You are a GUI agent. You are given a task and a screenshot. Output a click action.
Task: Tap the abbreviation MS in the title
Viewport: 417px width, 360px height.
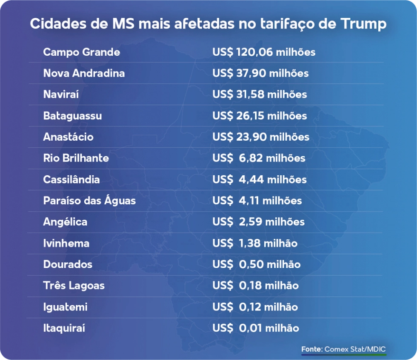(123, 24)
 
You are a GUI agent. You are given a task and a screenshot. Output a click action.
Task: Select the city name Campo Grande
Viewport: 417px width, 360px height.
(82, 52)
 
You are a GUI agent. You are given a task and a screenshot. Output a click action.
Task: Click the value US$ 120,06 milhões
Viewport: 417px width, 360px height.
(264, 52)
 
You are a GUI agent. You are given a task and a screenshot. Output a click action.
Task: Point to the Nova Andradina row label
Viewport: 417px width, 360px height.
(84, 74)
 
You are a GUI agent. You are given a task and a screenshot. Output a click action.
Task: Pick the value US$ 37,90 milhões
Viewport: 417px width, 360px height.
(260, 74)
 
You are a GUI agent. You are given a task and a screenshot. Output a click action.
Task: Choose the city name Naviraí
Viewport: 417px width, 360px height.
(61, 94)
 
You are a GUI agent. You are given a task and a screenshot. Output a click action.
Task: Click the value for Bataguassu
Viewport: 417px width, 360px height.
(260, 116)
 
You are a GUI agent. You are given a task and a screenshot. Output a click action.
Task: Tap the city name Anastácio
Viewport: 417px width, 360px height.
(69, 137)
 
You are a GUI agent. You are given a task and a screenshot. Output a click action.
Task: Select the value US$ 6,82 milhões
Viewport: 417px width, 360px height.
(259, 159)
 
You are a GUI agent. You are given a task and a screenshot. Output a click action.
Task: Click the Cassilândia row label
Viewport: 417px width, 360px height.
(71, 180)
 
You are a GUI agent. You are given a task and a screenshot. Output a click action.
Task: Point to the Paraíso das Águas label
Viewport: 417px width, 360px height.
(90, 200)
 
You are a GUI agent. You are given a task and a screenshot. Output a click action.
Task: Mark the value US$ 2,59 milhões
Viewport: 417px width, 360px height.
(259, 222)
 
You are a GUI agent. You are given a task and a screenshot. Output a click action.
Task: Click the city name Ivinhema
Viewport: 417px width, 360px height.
(66, 244)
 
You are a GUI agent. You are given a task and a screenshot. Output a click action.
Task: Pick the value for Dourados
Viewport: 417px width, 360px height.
(256, 264)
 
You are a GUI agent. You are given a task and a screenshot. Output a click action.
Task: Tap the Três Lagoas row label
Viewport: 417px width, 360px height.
(74, 286)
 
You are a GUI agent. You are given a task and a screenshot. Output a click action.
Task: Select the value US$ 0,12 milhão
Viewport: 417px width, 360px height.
(255, 307)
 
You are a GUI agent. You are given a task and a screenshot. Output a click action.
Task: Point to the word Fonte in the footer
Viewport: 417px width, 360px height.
(312, 349)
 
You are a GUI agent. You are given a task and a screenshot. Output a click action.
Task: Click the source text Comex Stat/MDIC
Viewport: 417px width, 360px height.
(355, 349)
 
